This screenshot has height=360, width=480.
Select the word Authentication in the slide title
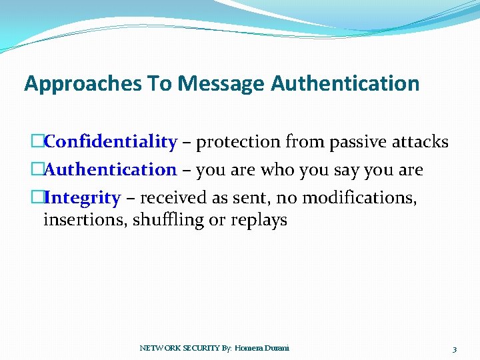(x=345, y=83)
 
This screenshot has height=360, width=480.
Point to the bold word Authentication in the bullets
(x=111, y=170)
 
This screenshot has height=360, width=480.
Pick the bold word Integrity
(x=83, y=198)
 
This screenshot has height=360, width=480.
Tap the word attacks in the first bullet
(x=423, y=142)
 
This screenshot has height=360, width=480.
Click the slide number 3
(x=454, y=349)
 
